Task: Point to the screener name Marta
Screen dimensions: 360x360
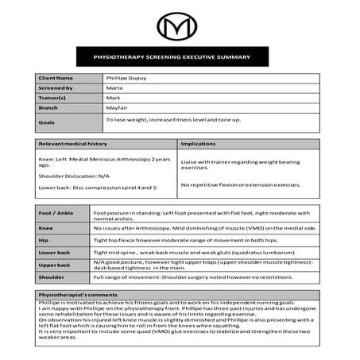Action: coord(115,87)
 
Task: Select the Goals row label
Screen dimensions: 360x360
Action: coord(46,122)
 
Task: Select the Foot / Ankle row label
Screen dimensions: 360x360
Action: coord(56,213)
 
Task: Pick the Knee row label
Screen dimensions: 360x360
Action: coord(46,226)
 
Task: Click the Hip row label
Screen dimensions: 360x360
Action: coord(44,238)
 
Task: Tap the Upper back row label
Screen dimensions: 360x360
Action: coord(54,264)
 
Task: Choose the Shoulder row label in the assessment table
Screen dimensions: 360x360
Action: coord(52,277)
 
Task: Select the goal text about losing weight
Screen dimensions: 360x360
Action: coord(173,119)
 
